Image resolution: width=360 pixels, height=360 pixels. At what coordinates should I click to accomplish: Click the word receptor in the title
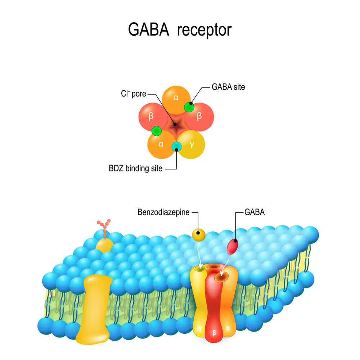pyautogui.click(x=204, y=30)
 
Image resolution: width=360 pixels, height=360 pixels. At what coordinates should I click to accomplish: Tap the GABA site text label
pyautogui.click(x=228, y=87)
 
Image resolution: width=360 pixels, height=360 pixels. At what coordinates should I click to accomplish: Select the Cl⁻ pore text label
pyautogui.click(x=134, y=94)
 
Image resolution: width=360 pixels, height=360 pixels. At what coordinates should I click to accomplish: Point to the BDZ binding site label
pyautogui.click(x=135, y=168)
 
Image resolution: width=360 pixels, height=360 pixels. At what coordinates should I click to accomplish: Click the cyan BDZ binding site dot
pyautogui.click(x=176, y=146)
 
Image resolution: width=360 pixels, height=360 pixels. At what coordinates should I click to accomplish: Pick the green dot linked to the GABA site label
pyautogui.click(x=189, y=107)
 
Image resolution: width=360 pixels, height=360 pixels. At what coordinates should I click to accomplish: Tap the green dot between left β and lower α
pyautogui.click(x=156, y=131)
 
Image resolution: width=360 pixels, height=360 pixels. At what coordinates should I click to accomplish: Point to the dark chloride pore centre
pyautogui.click(x=176, y=125)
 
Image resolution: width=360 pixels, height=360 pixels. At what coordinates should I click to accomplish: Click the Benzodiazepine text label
pyautogui.click(x=163, y=212)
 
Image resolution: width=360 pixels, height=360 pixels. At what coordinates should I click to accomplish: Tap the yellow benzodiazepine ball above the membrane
pyautogui.click(x=198, y=235)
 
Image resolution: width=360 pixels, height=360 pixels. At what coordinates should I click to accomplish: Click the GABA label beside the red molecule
pyautogui.click(x=255, y=212)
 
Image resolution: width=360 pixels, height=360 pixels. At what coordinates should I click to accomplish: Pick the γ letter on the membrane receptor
pyautogui.click(x=199, y=328)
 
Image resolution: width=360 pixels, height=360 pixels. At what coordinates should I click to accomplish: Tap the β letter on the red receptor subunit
pyautogui.click(x=215, y=333)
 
